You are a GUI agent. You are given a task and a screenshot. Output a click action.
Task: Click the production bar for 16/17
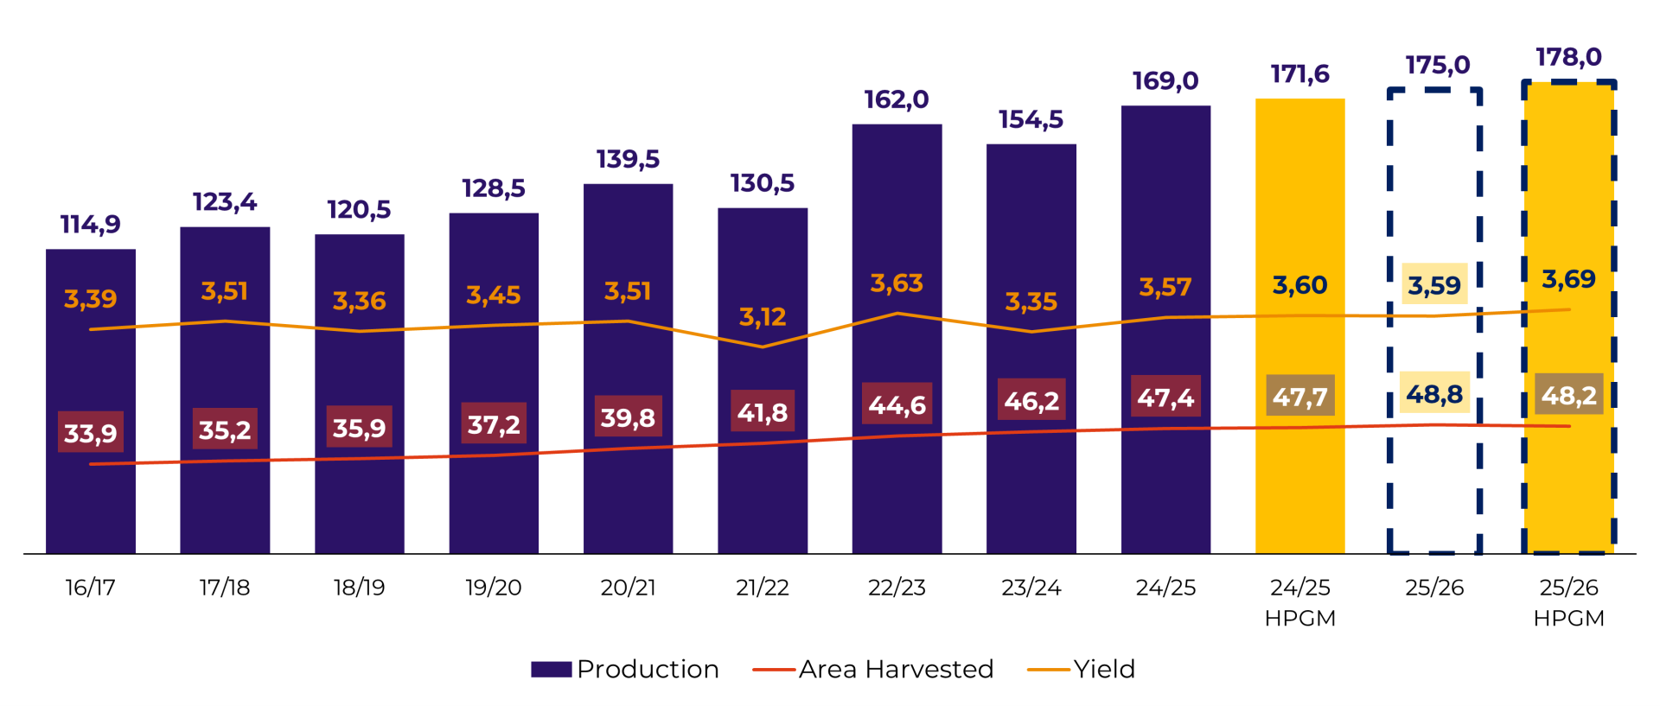[x=91, y=501]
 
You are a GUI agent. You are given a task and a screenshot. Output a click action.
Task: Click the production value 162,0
[x=897, y=99]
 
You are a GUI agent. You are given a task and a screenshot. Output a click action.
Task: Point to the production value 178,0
[x=1568, y=57]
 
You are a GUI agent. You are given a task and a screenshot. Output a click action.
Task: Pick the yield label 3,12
[x=763, y=317]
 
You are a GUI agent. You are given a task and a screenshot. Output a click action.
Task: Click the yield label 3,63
[x=897, y=283]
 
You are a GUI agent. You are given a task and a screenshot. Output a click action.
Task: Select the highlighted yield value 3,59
[x=1434, y=285]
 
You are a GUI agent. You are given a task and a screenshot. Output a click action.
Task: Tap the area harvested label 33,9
[x=91, y=433]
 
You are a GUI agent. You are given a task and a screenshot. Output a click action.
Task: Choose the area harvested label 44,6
[x=897, y=404]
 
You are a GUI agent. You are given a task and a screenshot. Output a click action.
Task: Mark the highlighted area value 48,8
[x=1434, y=394]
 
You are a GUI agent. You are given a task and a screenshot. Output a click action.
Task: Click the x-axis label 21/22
[x=763, y=588]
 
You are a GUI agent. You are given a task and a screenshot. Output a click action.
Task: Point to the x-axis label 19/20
[x=494, y=588]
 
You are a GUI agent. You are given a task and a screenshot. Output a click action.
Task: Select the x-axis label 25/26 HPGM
[x=1568, y=602]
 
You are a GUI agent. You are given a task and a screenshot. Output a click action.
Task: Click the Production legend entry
[x=625, y=669]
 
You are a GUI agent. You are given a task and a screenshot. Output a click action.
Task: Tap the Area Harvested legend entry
[x=873, y=669]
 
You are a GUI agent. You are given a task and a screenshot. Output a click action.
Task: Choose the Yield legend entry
[x=1082, y=669]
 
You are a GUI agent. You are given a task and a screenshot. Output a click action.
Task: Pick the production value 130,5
[x=763, y=183]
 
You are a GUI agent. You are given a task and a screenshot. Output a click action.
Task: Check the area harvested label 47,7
[x=1299, y=397]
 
